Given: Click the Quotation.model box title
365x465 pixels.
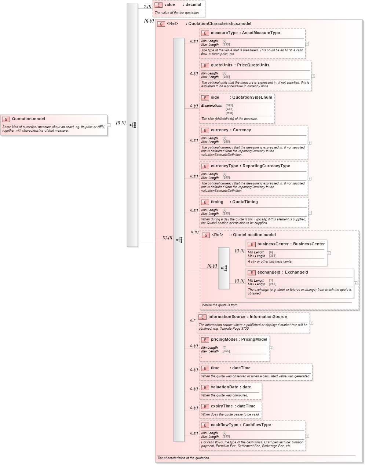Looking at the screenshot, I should [28, 119].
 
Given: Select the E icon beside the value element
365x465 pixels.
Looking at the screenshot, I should [158, 5].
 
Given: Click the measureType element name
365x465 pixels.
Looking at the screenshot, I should [224, 33].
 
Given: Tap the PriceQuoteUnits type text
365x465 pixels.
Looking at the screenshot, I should [253, 65].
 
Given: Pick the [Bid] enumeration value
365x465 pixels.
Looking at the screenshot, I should [229, 106].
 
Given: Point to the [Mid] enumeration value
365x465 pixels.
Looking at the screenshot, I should [229, 113].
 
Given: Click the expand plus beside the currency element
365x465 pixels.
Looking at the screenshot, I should [310, 143].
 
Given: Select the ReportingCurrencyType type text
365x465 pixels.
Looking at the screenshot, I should [266, 166].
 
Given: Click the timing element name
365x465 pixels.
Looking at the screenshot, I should [217, 202].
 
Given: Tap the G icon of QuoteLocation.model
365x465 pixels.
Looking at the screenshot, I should [206, 235].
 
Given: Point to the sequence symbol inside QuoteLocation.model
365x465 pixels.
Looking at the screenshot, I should [224, 268].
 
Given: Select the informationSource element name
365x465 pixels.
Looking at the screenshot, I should [227, 317].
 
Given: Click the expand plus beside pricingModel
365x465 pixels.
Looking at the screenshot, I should [271, 348].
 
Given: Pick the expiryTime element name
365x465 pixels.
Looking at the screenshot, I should [222, 406].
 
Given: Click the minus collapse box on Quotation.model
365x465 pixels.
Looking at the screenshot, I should [109, 125].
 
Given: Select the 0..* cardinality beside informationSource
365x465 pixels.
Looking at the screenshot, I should [193, 320].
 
